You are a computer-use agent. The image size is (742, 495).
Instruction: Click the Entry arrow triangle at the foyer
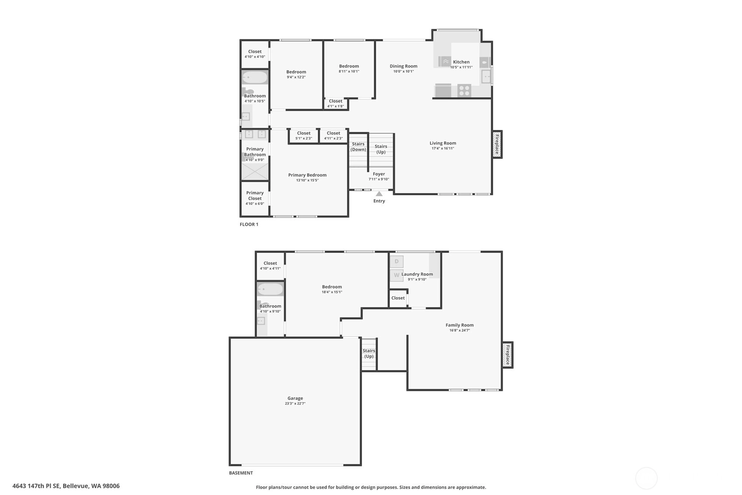(x=379, y=193)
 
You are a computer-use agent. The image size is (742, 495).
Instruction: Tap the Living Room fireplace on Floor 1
(x=497, y=144)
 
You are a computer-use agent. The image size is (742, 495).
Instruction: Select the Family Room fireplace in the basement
(x=507, y=355)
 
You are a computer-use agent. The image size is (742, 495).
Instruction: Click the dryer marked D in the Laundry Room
(x=397, y=262)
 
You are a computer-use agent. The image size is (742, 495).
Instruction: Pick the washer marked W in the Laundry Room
(x=397, y=275)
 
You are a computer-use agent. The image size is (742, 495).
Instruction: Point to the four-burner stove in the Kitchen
(x=464, y=91)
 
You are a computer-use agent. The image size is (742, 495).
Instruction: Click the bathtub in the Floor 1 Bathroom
(x=255, y=77)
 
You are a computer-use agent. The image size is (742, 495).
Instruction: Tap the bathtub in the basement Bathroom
(x=270, y=289)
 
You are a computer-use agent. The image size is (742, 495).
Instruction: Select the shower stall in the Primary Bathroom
(x=255, y=172)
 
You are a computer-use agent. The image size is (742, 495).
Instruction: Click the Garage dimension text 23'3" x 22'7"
(x=295, y=404)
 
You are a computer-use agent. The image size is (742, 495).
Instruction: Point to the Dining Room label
(x=404, y=66)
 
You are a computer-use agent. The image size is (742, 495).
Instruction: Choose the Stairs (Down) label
(x=358, y=147)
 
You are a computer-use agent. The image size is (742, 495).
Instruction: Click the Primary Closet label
(x=255, y=196)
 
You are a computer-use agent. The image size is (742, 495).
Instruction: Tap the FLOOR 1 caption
(x=249, y=225)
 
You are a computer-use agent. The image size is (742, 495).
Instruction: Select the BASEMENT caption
(x=241, y=473)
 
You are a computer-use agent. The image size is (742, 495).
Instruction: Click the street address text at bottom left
(x=66, y=486)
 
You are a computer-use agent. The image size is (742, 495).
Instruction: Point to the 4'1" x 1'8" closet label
(x=335, y=106)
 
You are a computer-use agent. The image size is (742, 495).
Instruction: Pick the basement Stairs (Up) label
(x=369, y=354)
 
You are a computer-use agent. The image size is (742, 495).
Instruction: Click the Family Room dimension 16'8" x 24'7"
(x=460, y=330)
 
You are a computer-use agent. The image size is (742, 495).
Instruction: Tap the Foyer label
(x=379, y=174)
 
